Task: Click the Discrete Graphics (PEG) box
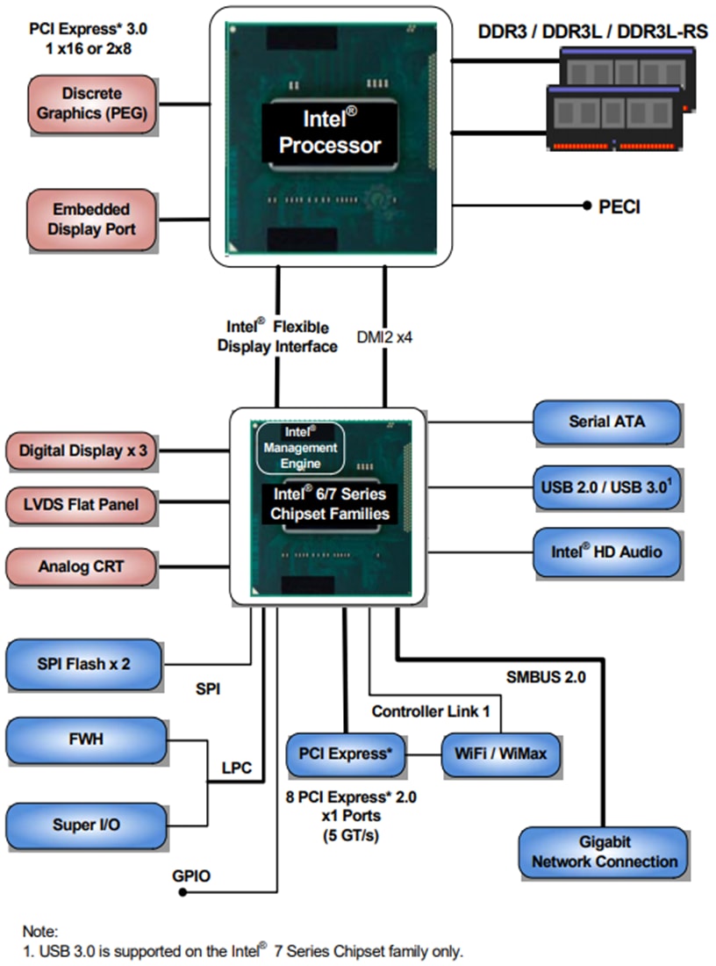coord(93,105)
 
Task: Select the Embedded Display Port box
coord(93,220)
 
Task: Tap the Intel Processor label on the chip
coord(330,132)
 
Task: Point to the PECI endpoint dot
coord(586,206)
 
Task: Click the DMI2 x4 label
coord(385,335)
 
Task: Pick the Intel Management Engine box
coord(299,448)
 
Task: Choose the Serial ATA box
coord(606,422)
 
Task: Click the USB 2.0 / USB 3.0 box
coord(606,487)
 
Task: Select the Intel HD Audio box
coord(606,552)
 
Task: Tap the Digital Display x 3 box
coord(83,451)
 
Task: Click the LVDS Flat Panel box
coord(83,506)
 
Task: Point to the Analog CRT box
coord(83,566)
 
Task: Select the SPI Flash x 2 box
coord(84,664)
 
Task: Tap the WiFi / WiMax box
coord(500,754)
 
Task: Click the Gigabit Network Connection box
coord(604,852)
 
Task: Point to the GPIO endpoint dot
coord(183,892)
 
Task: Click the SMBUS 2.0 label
coord(545,677)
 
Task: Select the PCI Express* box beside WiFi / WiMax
coord(346,754)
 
